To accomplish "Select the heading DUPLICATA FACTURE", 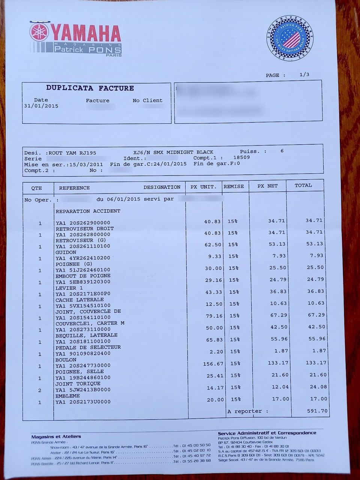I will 90,88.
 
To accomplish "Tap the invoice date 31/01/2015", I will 41,106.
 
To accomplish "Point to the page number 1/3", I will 304,75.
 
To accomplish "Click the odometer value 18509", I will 241,157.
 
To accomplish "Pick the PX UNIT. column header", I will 203,187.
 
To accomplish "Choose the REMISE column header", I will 234,186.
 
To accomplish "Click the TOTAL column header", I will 303,185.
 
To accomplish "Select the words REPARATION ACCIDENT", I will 88,211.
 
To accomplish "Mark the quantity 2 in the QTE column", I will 40,390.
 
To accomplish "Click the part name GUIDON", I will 66,252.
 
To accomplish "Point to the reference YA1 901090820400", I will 83,354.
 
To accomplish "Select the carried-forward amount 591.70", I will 317,411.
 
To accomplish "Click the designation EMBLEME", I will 67,396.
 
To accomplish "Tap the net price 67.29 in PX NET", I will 279,315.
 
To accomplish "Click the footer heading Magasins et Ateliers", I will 56,436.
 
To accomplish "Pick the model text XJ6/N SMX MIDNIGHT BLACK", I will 173,152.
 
